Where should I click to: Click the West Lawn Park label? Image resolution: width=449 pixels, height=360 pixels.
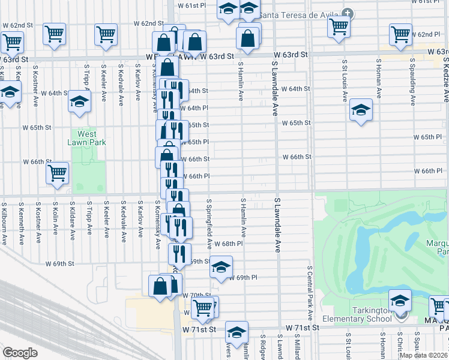(87, 139)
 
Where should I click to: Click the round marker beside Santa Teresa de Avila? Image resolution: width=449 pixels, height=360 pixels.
(348, 13)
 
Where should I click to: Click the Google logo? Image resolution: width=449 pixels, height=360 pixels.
(20, 352)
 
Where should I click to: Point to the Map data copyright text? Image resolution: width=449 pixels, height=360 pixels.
(424, 355)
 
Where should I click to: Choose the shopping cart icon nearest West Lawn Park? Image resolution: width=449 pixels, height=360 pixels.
(58, 173)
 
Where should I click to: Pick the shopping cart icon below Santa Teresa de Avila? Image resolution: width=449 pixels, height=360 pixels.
(339, 25)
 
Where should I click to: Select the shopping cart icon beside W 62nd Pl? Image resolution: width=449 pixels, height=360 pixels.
(400, 34)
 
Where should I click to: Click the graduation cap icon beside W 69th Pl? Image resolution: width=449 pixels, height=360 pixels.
(221, 266)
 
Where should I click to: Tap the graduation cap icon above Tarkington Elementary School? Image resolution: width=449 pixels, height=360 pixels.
(400, 299)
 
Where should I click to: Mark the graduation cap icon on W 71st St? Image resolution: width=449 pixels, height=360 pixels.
(237, 331)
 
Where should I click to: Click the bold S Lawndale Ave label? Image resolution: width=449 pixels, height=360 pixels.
(277, 223)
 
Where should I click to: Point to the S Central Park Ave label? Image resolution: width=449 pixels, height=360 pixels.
(310, 293)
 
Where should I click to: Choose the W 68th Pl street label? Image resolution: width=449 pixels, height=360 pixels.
(231, 244)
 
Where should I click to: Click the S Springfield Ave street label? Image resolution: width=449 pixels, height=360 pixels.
(209, 224)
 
